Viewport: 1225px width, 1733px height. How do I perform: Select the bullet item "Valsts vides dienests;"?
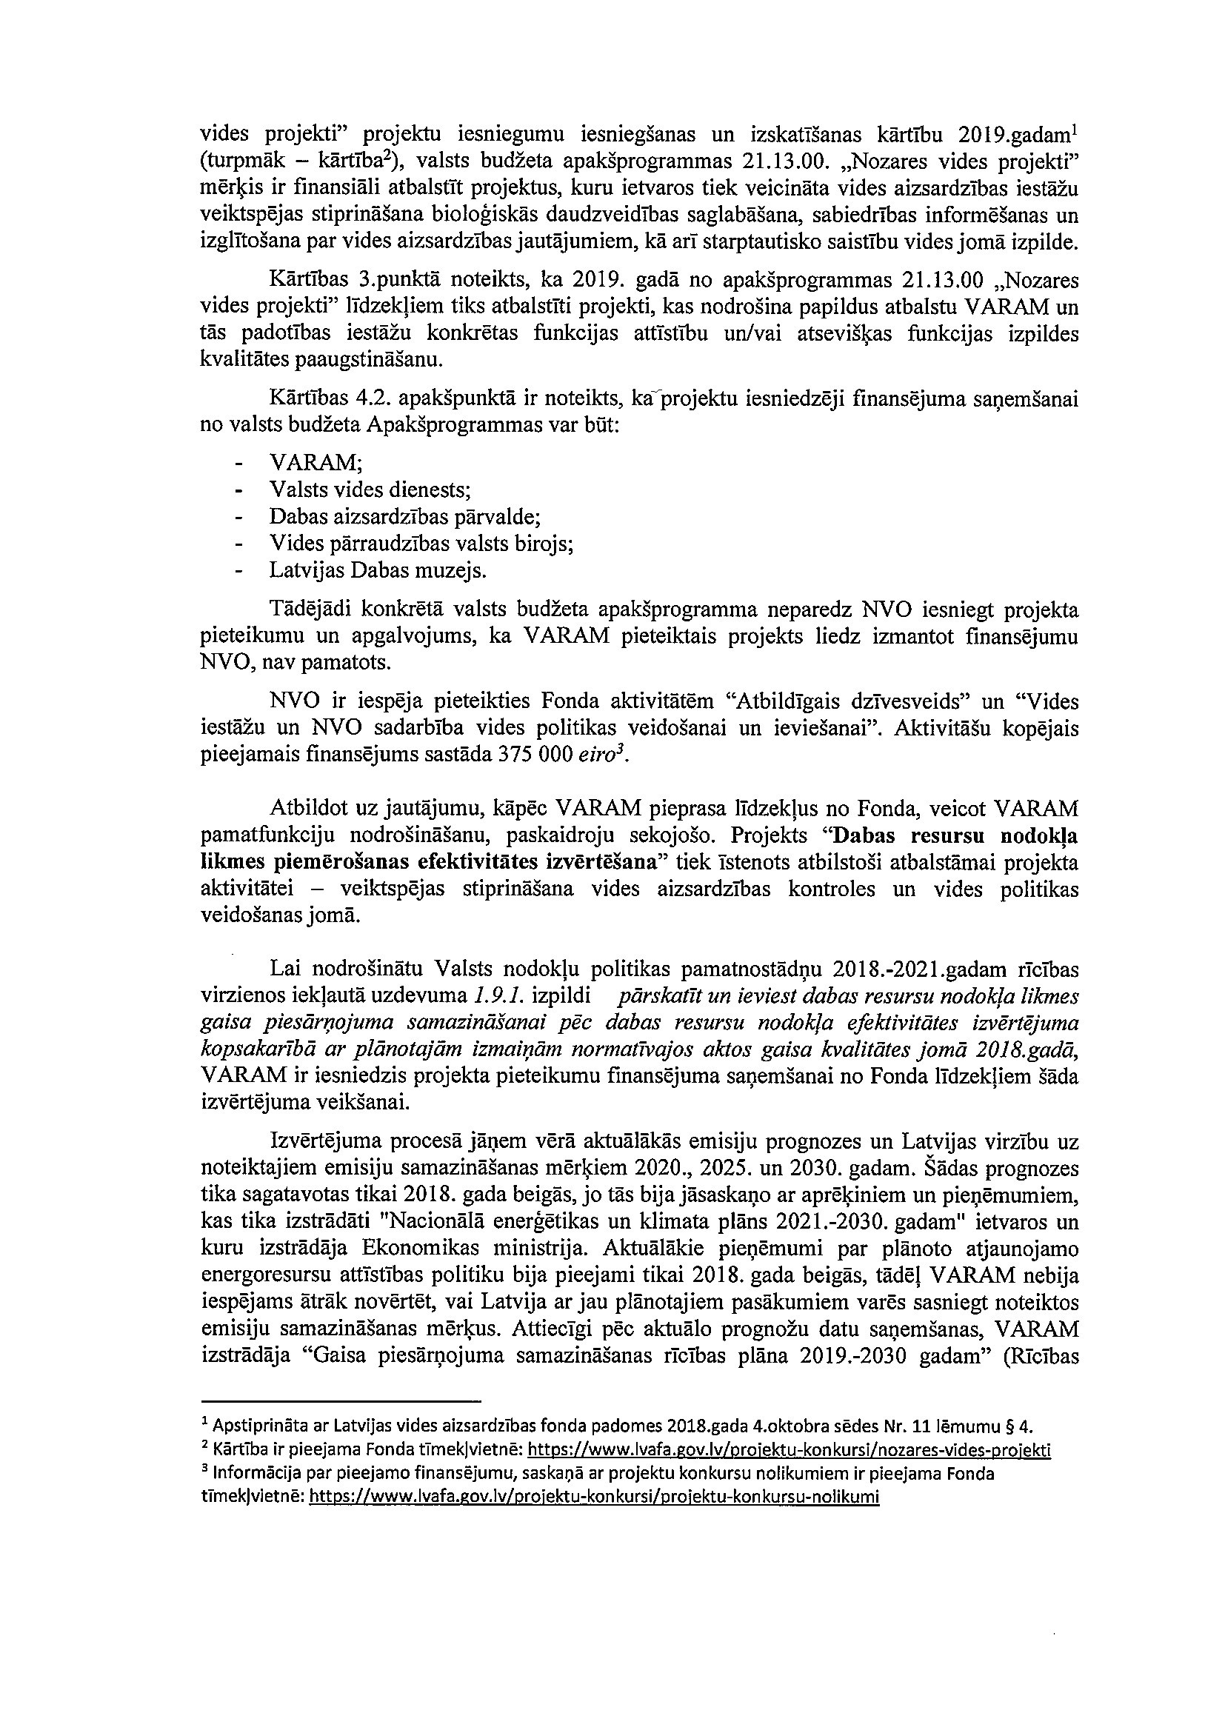click(x=370, y=490)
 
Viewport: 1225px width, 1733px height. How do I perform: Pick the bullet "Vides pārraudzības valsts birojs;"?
click(x=421, y=544)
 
